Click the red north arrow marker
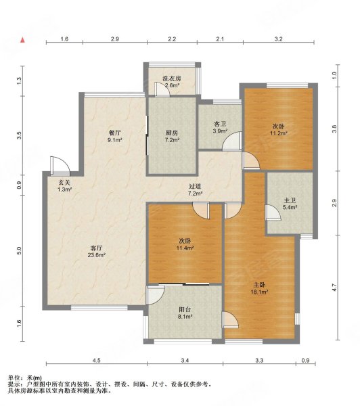[23, 40]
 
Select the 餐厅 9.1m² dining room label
[115, 137]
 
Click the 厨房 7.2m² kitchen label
[173, 137]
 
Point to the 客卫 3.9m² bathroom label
[220, 127]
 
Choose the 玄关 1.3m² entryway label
[64, 186]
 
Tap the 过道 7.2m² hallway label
[195, 189]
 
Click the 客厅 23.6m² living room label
[96, 252]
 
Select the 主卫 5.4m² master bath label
[290, 204]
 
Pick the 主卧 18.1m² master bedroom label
[259, 288]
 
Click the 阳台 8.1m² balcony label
[185, 313]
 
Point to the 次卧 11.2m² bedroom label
[279, 130]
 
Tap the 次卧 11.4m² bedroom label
[185, 244]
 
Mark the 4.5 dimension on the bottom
[96, 361]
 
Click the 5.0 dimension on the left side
[19, 250]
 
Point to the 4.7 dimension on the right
[334, 288]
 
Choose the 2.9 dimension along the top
[115, 39]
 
